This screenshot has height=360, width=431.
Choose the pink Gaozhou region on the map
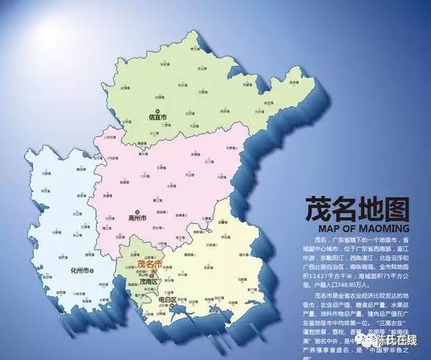point(168,183)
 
